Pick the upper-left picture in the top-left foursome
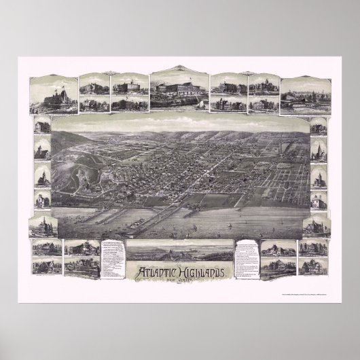point(89,88)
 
